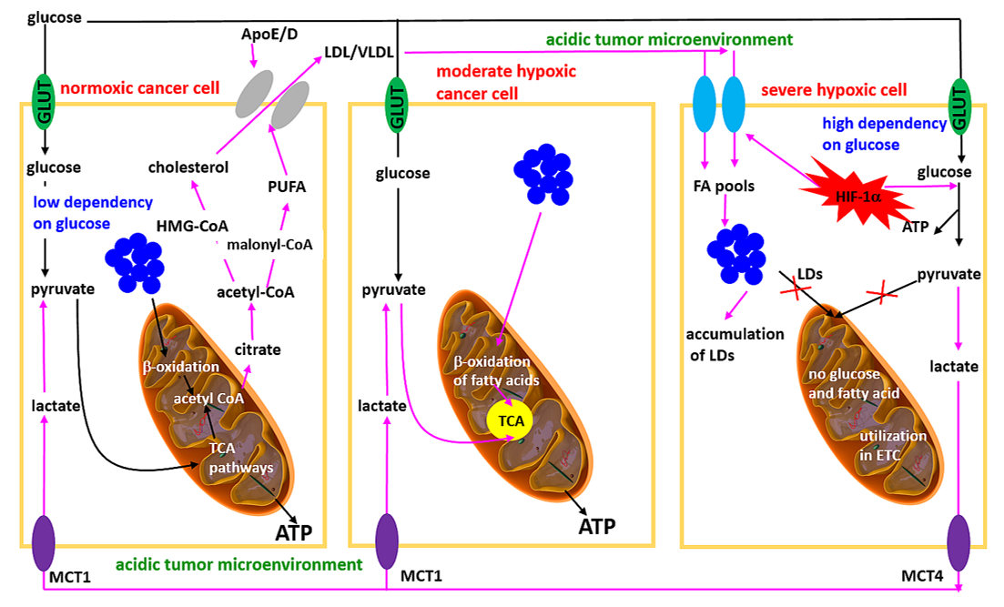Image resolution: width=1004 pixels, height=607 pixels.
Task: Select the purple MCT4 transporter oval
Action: point(958,543)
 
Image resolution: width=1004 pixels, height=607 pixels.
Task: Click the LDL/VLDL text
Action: point(359,54)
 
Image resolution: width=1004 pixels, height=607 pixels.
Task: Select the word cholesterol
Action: point(189,167)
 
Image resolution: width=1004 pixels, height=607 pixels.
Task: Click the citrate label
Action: point(258,349)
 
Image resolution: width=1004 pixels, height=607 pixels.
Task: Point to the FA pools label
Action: point(725,187)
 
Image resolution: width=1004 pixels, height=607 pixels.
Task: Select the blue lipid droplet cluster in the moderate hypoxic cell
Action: point(543,174)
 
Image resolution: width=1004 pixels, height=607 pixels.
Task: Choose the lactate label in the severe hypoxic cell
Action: point(954,367)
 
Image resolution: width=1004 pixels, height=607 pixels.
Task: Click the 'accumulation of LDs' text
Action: point(735,343)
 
